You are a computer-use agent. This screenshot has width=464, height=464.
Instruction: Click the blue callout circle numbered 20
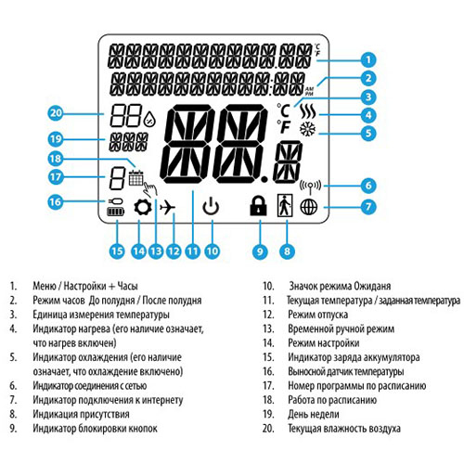[x=56, y=114]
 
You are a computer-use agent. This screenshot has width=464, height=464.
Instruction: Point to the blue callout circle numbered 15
[x=117, y=249]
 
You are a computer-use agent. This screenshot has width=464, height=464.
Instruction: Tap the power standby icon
[x=213, y=209]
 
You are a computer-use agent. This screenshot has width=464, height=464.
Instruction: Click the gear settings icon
[x=143, y=209]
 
